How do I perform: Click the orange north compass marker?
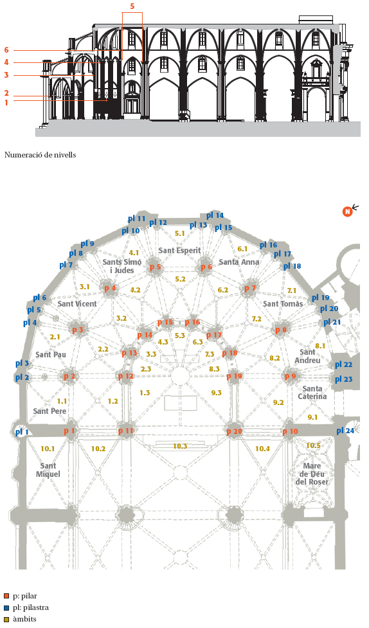347,211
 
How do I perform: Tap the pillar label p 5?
155,267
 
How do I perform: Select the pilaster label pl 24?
345,431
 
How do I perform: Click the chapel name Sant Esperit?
179,250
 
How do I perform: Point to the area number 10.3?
180,445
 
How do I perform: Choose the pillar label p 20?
235,432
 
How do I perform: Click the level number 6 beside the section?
6,50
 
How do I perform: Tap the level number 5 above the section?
132,6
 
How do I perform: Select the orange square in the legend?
6,596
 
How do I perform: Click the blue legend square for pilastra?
6,607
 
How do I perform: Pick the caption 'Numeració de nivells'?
40,155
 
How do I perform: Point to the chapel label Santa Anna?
239,262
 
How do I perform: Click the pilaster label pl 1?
22,432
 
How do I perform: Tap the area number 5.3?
180,336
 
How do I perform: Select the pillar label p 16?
192,322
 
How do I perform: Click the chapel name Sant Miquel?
48,470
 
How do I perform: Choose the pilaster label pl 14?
215,215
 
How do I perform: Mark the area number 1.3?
145,393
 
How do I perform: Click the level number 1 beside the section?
6,103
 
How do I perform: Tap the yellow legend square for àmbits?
6,619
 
